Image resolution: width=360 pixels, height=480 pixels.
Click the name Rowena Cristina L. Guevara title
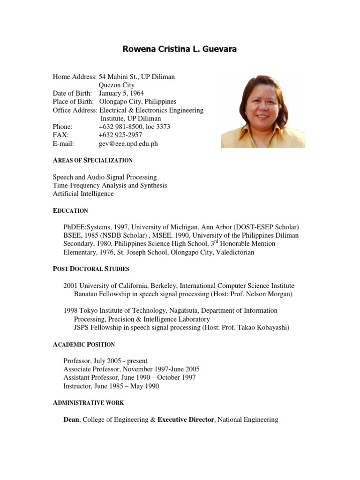click(180, 49)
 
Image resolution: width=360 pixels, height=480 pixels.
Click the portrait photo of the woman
click(262, 110)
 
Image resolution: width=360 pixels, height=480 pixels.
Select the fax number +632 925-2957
click(120, 135)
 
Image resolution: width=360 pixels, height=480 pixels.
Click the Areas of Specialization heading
click(93, 160)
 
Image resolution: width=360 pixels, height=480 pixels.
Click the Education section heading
click(70, 211)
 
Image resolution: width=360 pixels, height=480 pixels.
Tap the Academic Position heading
click(84, 345)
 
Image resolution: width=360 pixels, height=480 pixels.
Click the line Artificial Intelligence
click(83, 194)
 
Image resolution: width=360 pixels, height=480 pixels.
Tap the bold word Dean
click(72, 420)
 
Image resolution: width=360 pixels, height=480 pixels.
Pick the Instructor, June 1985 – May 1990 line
click(111, 386)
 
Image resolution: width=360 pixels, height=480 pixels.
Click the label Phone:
click(63, 127)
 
